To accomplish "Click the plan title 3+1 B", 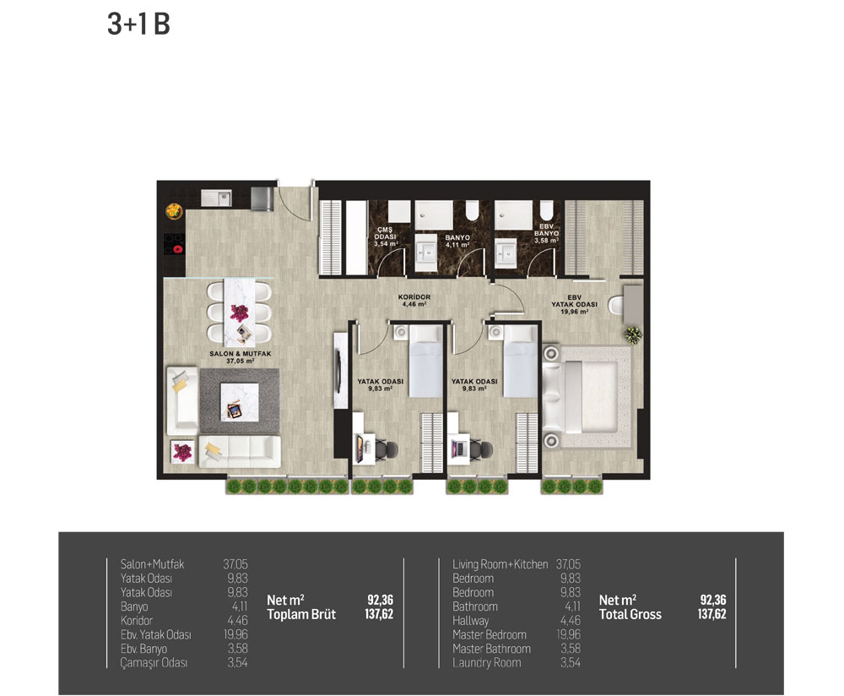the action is point(139,24).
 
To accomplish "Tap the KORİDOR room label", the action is point(414,296).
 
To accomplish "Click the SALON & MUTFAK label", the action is point(240,354).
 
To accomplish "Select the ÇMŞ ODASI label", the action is point(386,233).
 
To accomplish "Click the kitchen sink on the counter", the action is point(216,198).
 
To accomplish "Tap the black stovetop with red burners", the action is point(174,244).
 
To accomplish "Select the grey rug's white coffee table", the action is point(240,402).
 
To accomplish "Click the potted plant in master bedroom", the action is point(633,335).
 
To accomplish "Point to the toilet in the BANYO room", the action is point(472,210).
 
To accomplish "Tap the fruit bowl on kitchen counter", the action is point(174,210).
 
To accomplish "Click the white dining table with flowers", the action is point(240,313).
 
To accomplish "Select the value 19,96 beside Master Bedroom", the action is point(568,634).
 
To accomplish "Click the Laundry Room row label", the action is point(487,662).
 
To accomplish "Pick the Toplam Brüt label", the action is point(301,614).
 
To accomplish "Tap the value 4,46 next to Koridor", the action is point(237,621).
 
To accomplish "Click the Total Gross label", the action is point(630,614).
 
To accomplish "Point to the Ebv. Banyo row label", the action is point(143,649).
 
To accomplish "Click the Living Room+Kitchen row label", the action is point(500,564).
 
